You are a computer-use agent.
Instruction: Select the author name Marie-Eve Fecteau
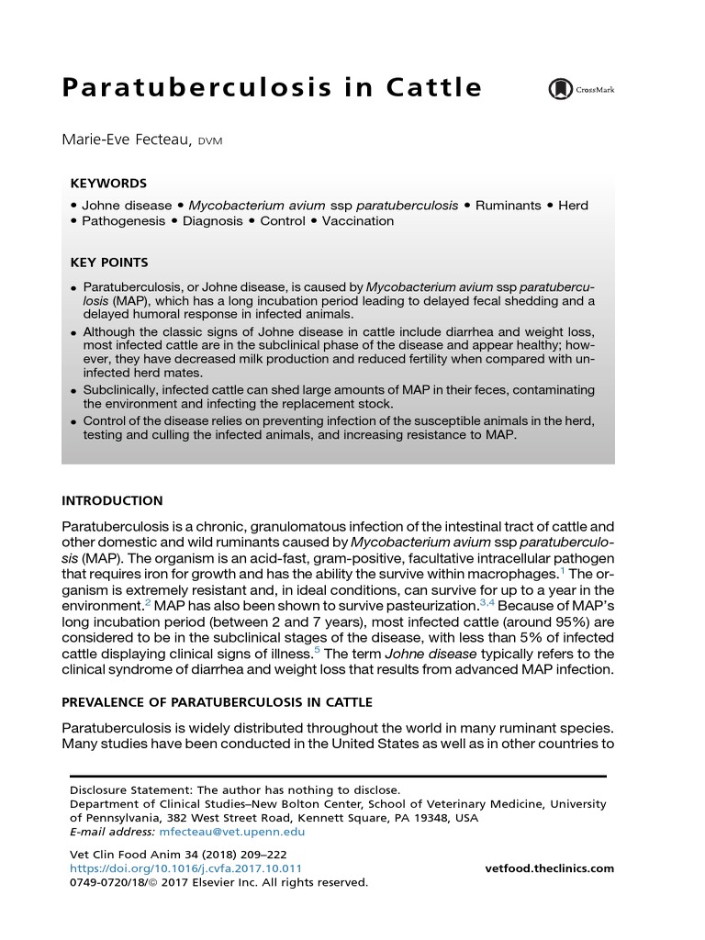click(127, 140)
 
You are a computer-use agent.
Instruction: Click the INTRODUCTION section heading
click(112, 501)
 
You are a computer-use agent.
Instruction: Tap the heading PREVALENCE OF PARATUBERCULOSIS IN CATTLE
click(217, 702)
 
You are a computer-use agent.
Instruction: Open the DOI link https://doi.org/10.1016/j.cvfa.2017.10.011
click(185, 868)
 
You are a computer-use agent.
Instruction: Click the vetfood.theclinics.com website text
click(549, 868)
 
